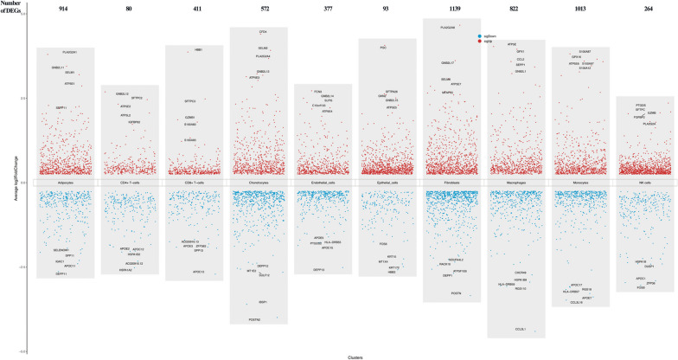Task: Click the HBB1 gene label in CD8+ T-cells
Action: (x=199, y=50)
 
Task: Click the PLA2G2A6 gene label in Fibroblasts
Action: (x=448, y=28)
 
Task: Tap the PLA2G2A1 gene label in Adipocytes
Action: (x=70, y=52)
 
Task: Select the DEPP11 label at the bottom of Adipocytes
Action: (x=61, y=273)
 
